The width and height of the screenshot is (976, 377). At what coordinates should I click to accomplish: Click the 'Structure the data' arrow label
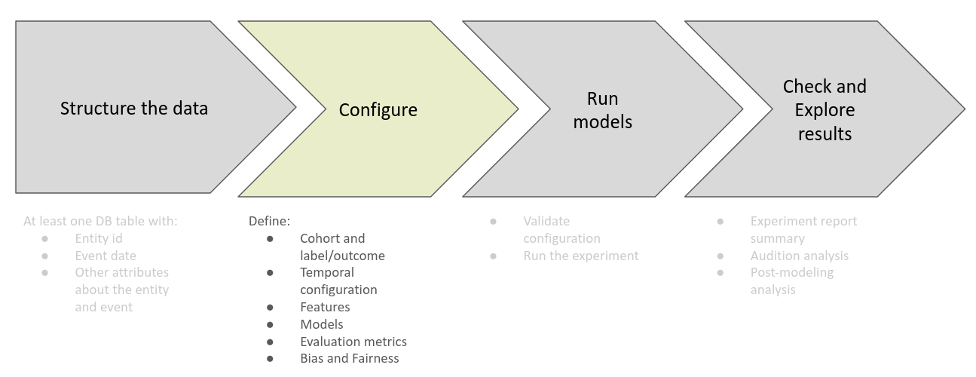coord(134,108)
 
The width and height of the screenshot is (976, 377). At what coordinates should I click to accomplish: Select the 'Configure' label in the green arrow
coord(378,110)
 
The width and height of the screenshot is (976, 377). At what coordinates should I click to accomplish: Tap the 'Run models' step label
coord(602,110)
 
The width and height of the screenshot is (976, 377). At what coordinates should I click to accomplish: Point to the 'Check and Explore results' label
coord(825,110)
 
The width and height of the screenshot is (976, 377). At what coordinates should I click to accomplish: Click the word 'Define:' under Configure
coord(269,222)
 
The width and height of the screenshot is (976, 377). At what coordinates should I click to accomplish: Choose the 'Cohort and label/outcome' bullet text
coord(342,247)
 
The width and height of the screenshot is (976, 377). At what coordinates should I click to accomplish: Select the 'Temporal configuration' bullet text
coord(338,280)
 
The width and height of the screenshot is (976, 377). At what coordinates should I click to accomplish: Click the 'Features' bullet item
coord(325,307)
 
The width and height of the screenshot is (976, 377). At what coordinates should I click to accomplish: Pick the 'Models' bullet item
coord(321,324)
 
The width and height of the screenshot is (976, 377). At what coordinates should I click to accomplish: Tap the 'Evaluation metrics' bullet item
coord(353,342)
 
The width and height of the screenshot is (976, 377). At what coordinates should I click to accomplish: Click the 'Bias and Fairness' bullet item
coord(349,358)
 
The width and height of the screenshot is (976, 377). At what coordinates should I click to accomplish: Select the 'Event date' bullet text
coord(106,256)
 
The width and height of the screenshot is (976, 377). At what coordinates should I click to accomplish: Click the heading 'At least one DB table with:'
coord(100,222)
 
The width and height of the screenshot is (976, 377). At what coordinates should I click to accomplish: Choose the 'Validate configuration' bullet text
coord(561,229)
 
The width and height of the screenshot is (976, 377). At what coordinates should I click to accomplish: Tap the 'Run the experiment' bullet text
coord(580,256)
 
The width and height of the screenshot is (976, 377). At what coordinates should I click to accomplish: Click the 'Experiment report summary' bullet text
coord(803,229)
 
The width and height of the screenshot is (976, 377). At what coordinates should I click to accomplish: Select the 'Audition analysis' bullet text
coord(799,256)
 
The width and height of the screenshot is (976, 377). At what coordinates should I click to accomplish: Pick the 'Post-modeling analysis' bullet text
coord(791,280)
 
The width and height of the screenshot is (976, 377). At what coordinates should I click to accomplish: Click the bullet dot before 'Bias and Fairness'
coord(270,359)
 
